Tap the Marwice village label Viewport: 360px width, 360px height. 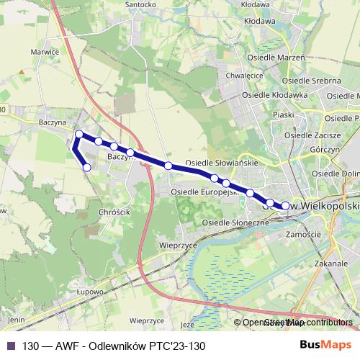pyautogui.click(x=45, y=52)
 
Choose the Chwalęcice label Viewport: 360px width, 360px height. pyautogui.click(x=243, y=74)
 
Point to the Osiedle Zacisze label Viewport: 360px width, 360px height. pyautogui.click(x=312, y=135)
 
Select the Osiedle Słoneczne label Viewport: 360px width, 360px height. pyautogui.click(x=235, y=223)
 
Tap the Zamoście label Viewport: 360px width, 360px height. pyautogui.click(x=302, y=235)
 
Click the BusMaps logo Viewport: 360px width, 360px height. pyautogui.click(x=330, y=345)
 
